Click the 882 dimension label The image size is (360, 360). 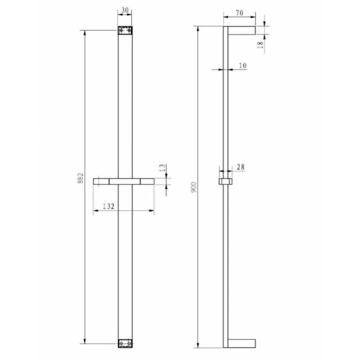(80, 178)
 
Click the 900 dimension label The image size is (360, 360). (194, 187)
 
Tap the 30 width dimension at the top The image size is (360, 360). (125, 10)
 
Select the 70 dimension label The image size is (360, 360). (239, 13)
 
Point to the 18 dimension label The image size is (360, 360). (260, 45)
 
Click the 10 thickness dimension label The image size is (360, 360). (243, 66)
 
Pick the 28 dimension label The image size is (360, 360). (241, 167)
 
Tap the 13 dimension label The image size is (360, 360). (163, 168)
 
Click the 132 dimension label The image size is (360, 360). (109, 206)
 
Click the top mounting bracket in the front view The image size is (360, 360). (125, 30)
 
